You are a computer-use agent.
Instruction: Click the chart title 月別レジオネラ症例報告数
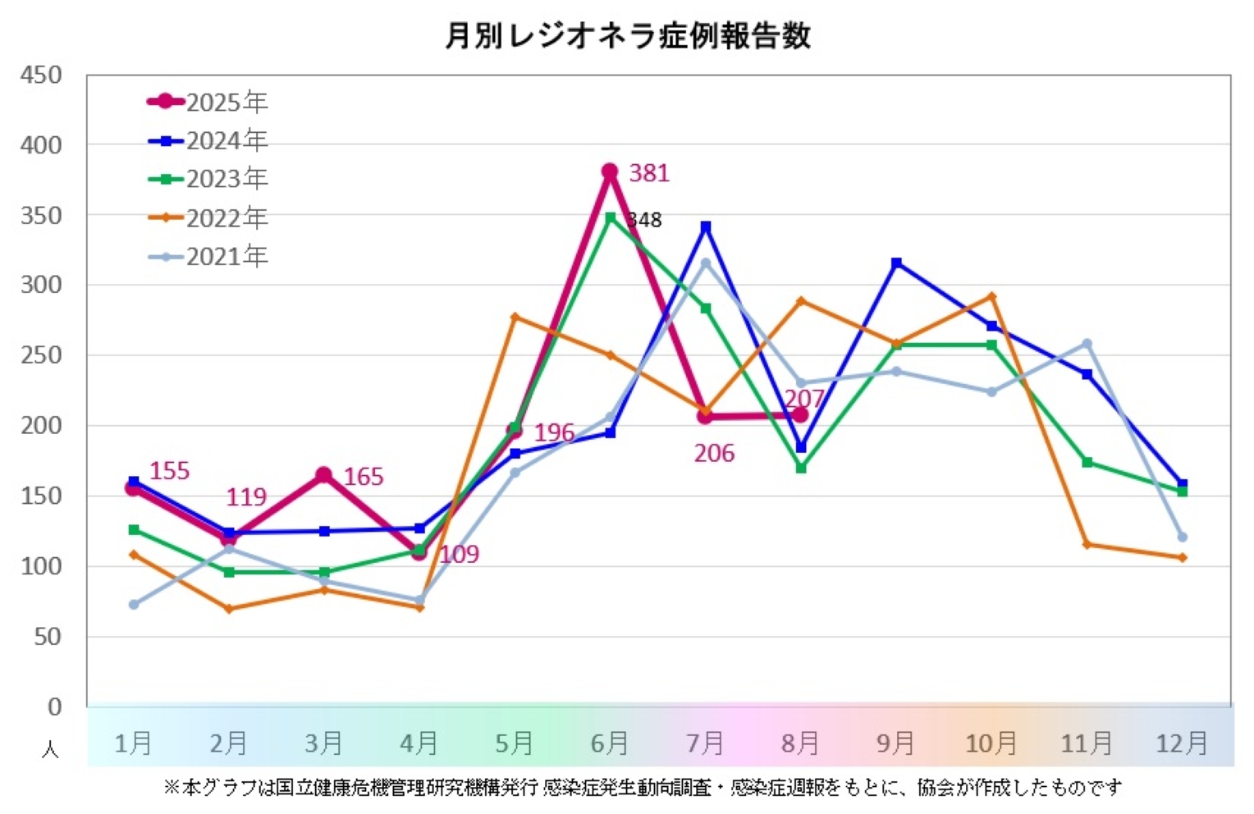pos(628,36)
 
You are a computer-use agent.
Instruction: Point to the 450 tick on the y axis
pos(41,75)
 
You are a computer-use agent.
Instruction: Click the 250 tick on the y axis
pos(41,355)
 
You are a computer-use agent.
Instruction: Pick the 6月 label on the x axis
pos(609,743)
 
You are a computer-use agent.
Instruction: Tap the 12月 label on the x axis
pos(1181,743)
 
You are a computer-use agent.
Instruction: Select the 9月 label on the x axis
pos(895,743)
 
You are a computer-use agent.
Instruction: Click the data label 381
pos(649,173)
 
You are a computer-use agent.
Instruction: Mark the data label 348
pos(645,220)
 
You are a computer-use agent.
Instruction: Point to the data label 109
pos(459,555)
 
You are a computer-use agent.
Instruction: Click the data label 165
pos(364,477)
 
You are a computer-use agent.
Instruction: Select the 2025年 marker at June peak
pos(610,171)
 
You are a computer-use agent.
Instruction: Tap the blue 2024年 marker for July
pos(706,226)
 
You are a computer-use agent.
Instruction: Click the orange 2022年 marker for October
pos(991,296)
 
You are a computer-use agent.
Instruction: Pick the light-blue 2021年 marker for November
pos(1087,344)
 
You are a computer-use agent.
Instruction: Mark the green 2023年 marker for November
pos(1087,463)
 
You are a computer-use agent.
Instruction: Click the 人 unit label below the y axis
pos(50,750)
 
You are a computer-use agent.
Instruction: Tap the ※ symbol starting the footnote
pos(172,788)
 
